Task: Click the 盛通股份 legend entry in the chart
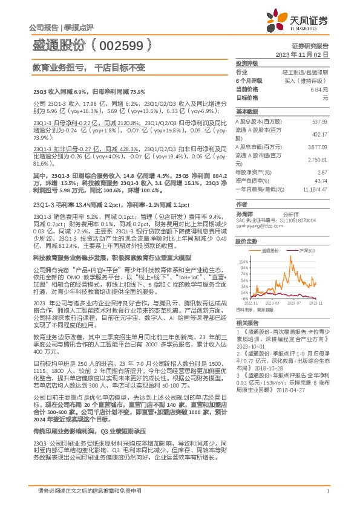coord(270,249)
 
